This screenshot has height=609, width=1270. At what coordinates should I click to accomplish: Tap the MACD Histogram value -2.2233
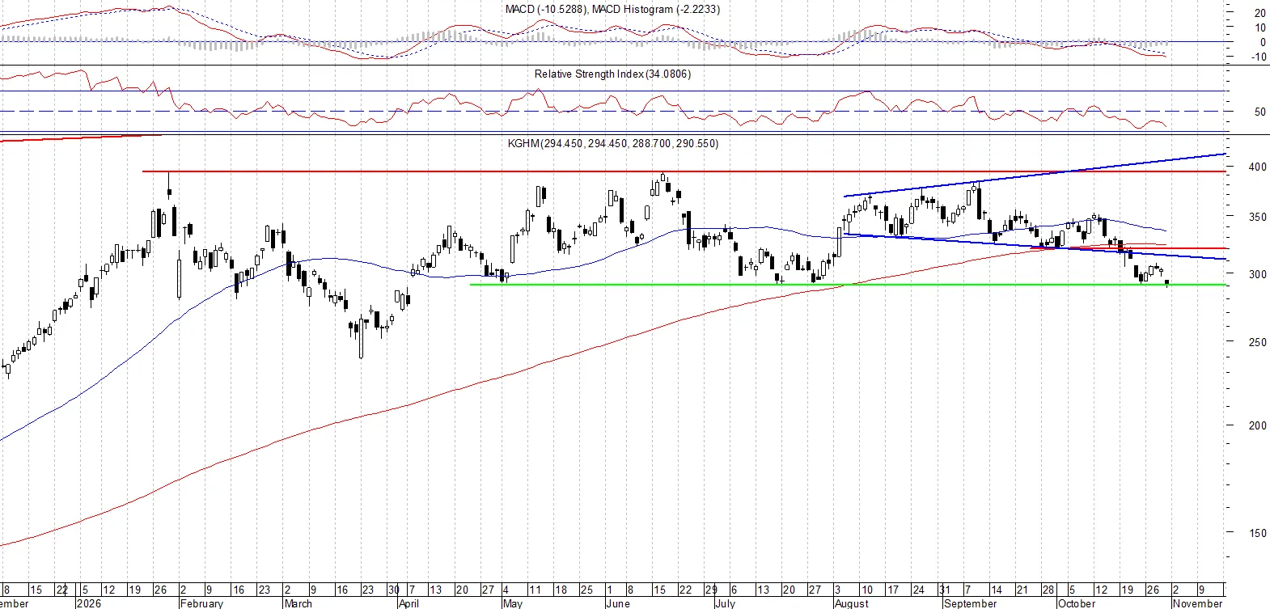pyautogui.click(x=697, y=10)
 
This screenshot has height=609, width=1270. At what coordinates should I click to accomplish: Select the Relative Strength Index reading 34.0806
pyautogui.click(x=668, y=74)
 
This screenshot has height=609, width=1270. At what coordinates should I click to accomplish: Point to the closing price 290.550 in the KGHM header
pyautogui.click(x=696, y=144)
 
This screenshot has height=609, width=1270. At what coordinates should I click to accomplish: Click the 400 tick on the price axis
pyautogui.click(x=1257, y=167)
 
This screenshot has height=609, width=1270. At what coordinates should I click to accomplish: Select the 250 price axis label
pyautogui.click(x=1257, y=342)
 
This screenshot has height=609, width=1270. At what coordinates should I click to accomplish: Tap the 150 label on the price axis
pyautogui.click(x=1257, y=533)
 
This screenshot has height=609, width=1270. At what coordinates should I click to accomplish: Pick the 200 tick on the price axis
pyautogui.click(x=1257, y=426)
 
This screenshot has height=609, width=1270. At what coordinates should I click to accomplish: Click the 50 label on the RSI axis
pyautogui.click(x=1259, y=112)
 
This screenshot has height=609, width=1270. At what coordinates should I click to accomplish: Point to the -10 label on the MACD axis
pyautogui.click(x=1257, y=57)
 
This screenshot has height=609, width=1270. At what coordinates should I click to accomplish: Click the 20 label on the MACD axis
pyautogui.click(x=1259, y=14)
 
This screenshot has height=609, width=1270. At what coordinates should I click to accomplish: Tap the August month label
pyautogui.click(x=852, y=603)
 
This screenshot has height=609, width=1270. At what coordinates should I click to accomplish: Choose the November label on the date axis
pyautogui.click(x=1197, y=603)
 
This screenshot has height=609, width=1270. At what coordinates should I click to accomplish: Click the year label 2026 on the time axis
pyautogui.click(x=88, y=603)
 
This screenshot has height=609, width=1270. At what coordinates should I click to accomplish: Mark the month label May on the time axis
pyautogui.click(x=513, y=603)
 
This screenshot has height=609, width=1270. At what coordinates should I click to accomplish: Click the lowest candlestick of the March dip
pyautogui.click(x=361, y=338)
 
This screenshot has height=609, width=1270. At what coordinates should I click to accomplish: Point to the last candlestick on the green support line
pyautogui.click(x=1166, y=282)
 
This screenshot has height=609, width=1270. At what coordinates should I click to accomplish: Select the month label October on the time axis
pyautogui.click(x=1077, y=603)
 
